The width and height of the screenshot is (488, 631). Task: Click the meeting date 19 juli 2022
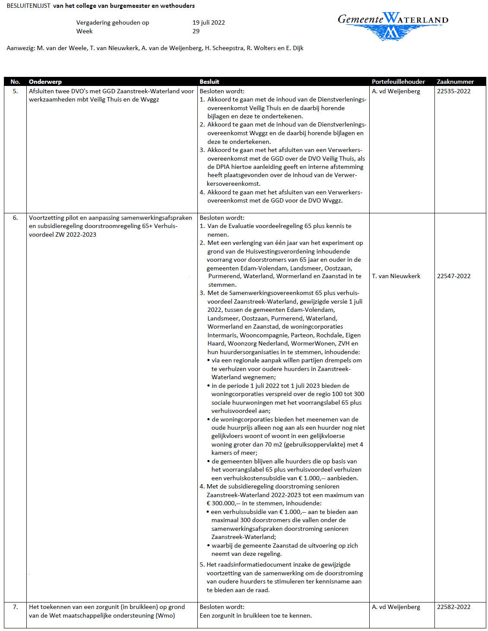(209, 22)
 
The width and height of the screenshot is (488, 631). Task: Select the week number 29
(196, 31)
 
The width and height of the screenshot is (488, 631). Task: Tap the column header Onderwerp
(45, 82)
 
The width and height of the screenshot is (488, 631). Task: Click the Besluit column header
(209, 82)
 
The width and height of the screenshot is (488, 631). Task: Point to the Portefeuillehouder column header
(398, 82)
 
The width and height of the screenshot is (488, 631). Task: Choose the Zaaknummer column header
(455, 82)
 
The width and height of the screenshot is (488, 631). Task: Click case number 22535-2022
(453, 91)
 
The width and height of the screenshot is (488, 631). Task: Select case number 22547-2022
(453, 276)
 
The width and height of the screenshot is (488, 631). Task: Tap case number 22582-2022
(453, 607)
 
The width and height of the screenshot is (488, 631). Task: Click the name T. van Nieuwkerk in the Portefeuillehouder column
(396, 276)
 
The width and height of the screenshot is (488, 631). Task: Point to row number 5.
(16, 91)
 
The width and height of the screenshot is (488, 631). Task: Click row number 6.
(16, 218)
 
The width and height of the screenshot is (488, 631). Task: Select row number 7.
(16, 607)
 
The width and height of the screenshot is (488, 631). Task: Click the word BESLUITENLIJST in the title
(29, 6)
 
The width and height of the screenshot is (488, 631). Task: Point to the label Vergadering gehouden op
(113, 22)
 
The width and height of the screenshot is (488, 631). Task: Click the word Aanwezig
(20, 48)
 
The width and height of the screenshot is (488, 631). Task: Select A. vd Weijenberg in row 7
(396, 607)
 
